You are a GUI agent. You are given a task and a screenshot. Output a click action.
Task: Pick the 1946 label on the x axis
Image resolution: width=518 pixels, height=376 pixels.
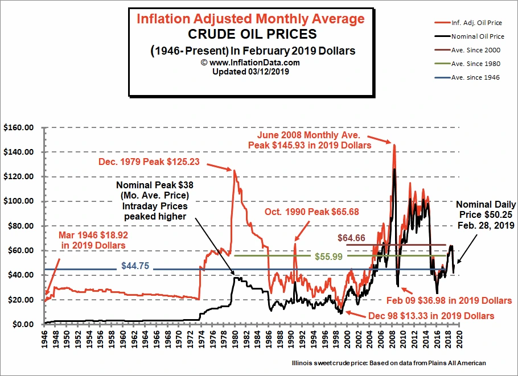pyautogui.click(x=45, y=337)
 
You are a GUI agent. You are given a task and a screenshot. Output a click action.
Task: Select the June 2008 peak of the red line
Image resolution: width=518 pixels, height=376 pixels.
pyautogui.click(x=393, y=145)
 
